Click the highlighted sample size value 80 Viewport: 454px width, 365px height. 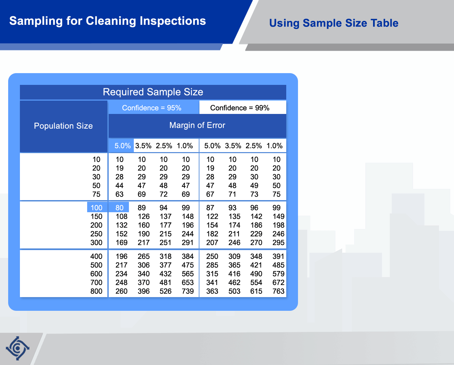pyautogui.click(x=119, y=208)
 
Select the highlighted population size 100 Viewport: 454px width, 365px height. pyautogui.click(x=96, y=208)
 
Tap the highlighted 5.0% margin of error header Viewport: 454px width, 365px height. pyautogui.click(x=123, y=146)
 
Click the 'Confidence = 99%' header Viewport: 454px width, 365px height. pyautogui.click(x=240, y=108)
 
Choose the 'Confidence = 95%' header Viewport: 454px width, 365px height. pyautogui.click(x=152, y=108)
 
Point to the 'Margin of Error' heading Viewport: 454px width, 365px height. pyautogui.click(x=197, y=125)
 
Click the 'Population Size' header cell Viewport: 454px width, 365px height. pyautogui.click(x=63, y=126)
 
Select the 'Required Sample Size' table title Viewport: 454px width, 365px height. pyautogui.click(x=153, y=92)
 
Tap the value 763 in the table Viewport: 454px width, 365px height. pyautogui.click(x=278, y=291)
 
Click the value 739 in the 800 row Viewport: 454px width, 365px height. pyautogui.click(x=188, y=291)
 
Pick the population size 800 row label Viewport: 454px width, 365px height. pyautogui.click(x=96, y=291)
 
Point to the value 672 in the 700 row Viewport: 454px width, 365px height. pyautogui.click(x=278, y=282)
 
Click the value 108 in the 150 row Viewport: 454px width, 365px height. pyautogui.click(x=121, y=216)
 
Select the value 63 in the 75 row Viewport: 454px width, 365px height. pyautogui.click(x=119, y=194)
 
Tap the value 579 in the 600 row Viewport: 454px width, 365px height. pyautogui.click(x=278, y=274)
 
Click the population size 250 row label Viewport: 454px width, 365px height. pyautogui.click(x=96, y=234)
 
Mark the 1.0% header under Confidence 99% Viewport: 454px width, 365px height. pyautogui.click(x=274, y=146)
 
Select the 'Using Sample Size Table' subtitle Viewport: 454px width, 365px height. pyautogui.click(x=334, y=23)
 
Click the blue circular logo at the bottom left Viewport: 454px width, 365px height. pyautogui.click(x=17, y=348)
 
